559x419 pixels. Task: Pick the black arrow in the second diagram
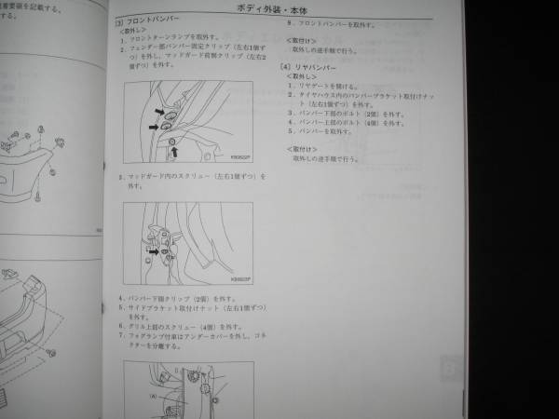pos(151,250)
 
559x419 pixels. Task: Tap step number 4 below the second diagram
pos(121,299)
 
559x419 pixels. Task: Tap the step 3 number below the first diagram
pos(121,175)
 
